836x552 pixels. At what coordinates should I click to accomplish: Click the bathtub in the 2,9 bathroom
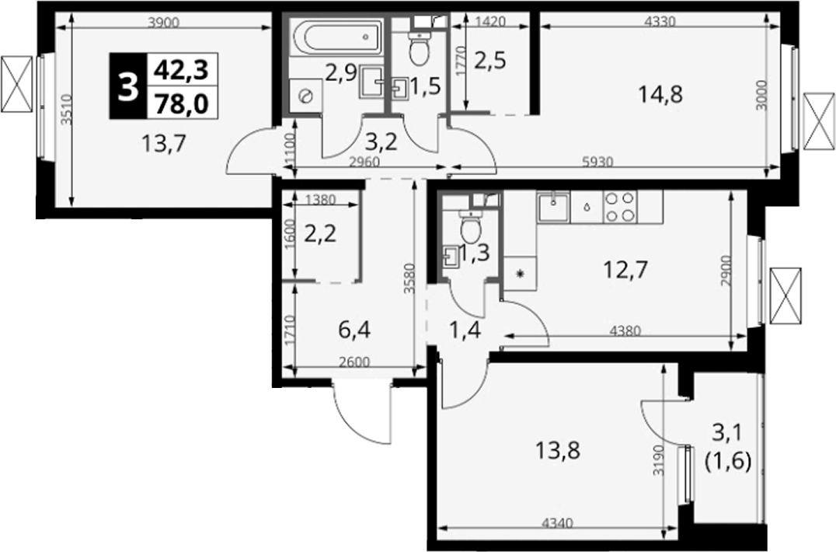click(336, 37)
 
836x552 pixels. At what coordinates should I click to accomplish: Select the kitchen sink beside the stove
click(553, 206)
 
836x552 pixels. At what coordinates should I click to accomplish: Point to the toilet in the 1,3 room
click(471, 227)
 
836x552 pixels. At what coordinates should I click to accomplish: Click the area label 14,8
click(660, 94)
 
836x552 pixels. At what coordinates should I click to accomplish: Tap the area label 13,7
click(164, 143)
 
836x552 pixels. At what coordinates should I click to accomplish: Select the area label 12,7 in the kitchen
click(625, 270)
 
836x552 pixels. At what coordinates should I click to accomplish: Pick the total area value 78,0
click(181, 103)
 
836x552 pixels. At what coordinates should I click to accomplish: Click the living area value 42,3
click(181, 70)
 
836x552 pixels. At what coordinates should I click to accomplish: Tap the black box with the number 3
click(128, 86)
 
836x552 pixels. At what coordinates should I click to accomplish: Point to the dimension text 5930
click(597, 161)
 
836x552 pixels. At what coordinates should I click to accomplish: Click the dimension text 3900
click(164, 22)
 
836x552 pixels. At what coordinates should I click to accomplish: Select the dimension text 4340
click(557, 523)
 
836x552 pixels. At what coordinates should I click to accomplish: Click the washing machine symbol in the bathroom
click(306, 96)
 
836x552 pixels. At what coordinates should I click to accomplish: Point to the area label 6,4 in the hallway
click(354, 330)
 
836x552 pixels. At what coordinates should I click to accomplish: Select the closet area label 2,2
click(320, 233)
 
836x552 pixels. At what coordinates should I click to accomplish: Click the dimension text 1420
click(489, 22)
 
